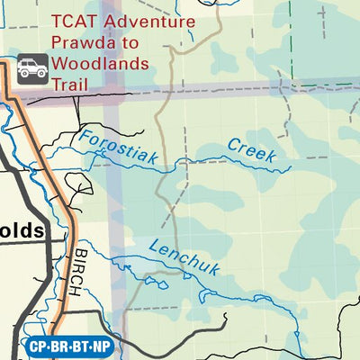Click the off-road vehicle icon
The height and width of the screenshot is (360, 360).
[33, 67]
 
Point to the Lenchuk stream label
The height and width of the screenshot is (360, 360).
[184, 258]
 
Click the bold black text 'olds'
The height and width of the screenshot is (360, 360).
[22, 230]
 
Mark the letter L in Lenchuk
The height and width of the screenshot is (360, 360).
[154, 245]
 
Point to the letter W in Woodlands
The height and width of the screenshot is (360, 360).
[61, 63]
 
